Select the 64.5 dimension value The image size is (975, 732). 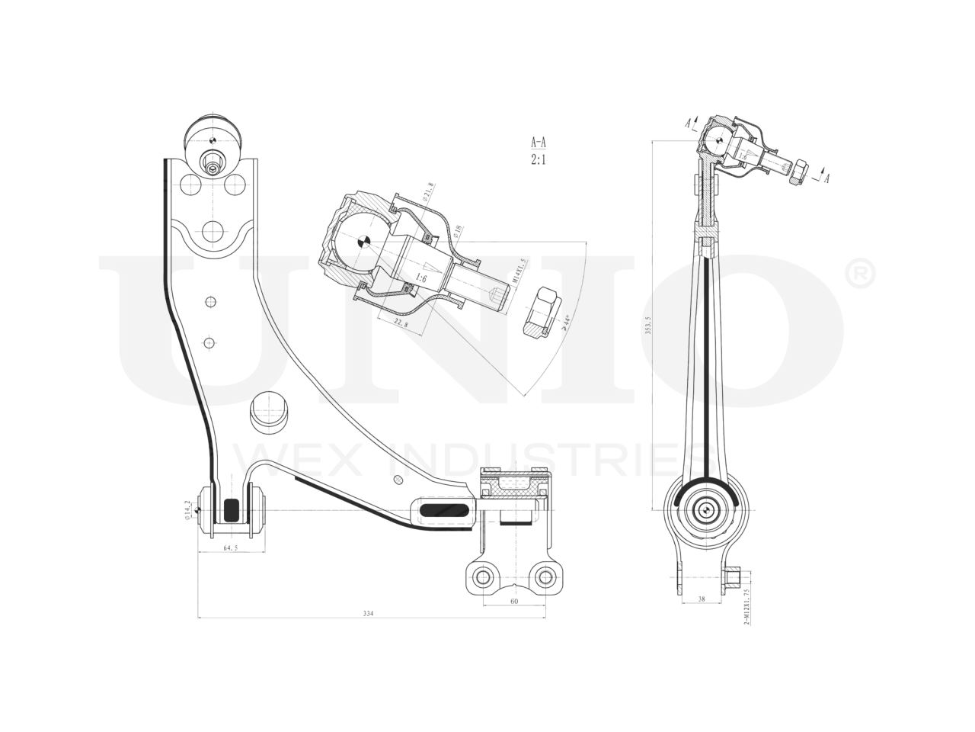pos(231,548)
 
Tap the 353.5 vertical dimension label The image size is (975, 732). pos(648,326)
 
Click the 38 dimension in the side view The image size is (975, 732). pos(701,599)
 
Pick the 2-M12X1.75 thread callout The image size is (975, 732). pos(746,607)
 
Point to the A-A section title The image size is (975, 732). pos(539,142)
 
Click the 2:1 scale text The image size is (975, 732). pos(539,160)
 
